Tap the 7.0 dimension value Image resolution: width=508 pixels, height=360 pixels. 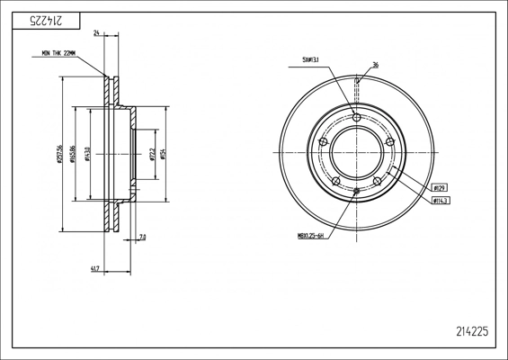click(x=142, y=238)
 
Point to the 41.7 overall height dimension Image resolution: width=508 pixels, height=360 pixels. click(x=94, y=268)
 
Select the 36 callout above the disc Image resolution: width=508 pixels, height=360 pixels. click(x=374, y=65)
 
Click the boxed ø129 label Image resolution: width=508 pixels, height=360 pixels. click(x=440, y=187)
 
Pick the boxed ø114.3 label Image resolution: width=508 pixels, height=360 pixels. click(x=441, y=201)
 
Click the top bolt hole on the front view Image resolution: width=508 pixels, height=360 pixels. click(x=357, y=118)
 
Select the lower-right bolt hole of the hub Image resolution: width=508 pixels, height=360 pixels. click(x=378, y=181)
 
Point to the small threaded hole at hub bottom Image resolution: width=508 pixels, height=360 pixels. click(x=357, y=192)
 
